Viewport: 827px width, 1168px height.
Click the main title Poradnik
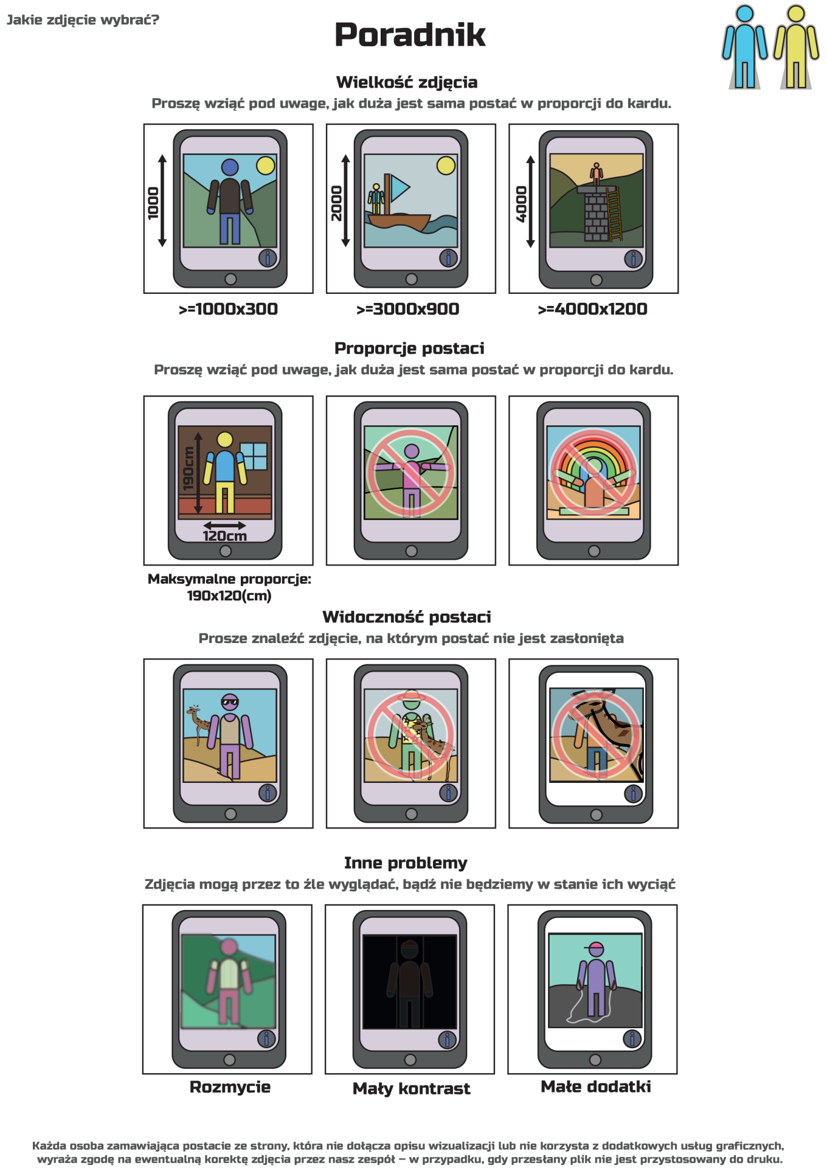click(x=410, y=35)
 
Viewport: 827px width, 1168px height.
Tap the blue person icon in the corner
click(x=745, y=47)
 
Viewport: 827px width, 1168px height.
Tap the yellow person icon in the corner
click(x=796, y=47)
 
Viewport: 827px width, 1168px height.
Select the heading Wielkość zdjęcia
click(x=407, y=83)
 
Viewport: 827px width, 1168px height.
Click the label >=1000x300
click(x=228, y=309)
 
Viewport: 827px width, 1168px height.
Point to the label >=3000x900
click(x=407, y=309)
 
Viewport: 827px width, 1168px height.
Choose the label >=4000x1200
click(x=592, y=309)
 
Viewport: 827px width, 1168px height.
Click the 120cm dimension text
click(x=224, y=536)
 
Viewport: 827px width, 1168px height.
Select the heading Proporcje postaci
click(x=409, y=349)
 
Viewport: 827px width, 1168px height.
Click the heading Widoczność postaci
click(x=407, y=617)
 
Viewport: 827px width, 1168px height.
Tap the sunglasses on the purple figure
click(x=230, y=703)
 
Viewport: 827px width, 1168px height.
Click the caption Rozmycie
click(x=230, y=1087)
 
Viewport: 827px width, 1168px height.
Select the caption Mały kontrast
click(x=411, y=1088)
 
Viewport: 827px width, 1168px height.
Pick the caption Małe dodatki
click(x=595, y=1086)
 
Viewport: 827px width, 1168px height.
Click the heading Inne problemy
click(x=406, y=863)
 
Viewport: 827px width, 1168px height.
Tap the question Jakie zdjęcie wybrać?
click(x=83, y=20)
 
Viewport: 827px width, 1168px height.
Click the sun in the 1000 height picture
click(x=266, y=165)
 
